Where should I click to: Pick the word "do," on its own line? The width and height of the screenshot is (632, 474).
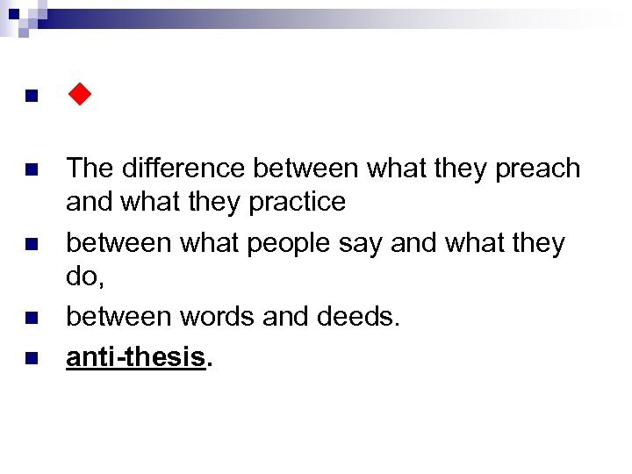[84, 276]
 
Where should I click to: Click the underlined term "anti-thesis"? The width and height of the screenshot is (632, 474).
[136, 357]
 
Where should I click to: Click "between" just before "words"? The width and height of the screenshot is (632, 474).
[123, 316]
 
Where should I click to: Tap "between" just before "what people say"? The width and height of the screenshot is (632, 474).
[123, 241]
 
